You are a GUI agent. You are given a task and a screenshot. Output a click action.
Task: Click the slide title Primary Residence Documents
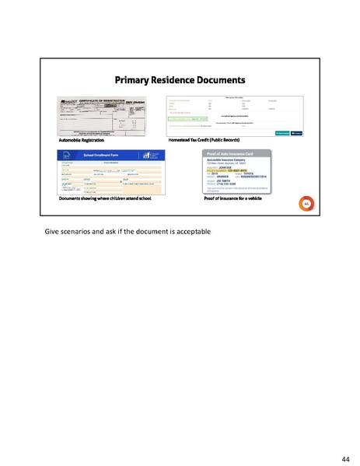tap(180, 79)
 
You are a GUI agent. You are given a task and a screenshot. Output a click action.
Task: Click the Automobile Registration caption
tap(81, 139)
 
